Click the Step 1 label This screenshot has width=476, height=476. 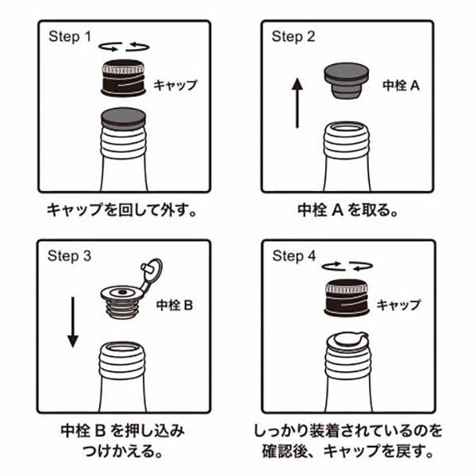click(70, 37)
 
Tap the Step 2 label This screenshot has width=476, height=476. click(294, 37)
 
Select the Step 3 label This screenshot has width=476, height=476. click(69, 256)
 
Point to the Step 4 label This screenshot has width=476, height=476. click(294, 256)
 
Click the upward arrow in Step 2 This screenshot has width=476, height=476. click(297, 102)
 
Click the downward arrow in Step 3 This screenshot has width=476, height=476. click(73, 322)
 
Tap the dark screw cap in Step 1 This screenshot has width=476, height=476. click(123, 78)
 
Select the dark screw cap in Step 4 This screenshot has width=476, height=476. click(347, 297)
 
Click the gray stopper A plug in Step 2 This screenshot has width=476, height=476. click(347, 80)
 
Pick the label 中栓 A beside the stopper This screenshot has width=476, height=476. click(401, 86)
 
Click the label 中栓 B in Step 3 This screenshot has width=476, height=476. click(175, 305)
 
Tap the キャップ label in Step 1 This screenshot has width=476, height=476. click(175, 85)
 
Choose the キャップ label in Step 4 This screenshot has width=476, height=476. click(398, 305)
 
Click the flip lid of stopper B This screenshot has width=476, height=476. click(152, 271)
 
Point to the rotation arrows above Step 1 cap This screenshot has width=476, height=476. click(124, 47)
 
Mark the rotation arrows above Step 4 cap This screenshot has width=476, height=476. click(347, 266)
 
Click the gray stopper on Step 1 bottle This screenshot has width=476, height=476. click(123, 119)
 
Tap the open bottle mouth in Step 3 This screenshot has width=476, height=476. click(122, 347)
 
